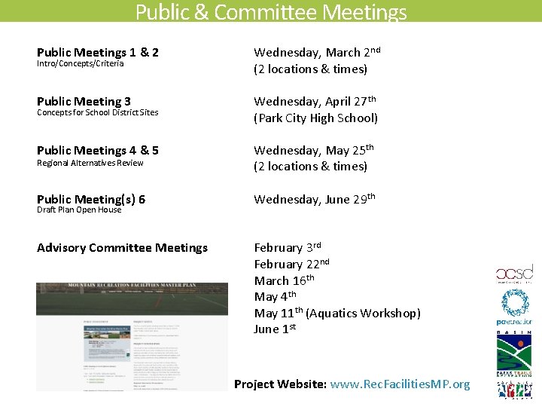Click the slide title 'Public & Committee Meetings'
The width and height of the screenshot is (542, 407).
[x=271, y=12]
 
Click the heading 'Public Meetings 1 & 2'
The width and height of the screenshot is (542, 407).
[x=98, y=53]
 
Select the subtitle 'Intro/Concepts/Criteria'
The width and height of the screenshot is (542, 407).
[x=80, y=64]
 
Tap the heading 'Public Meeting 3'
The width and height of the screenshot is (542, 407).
[x=84, y=102]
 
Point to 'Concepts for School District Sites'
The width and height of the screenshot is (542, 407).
[x=97, y=113]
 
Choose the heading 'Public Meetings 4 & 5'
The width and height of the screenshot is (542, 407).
[x=98, y=151]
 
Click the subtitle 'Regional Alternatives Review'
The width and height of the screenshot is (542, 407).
[x=90, y=163]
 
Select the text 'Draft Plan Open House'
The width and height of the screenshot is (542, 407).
[x=79, y=210]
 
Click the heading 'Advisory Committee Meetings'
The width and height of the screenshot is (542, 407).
[x=122, y=248]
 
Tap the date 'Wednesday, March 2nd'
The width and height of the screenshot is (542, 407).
[x=316, y=53]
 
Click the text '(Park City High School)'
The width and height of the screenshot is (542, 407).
[x=315, y=118]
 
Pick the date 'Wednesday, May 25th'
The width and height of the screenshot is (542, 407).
[x=313, y=151]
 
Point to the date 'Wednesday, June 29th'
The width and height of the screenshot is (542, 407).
[x=314, y=200]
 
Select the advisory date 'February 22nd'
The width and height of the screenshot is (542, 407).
[x=291, y=265]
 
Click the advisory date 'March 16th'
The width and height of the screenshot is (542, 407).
[x=284, y=280]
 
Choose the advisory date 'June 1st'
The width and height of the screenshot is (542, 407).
[x=275, y=329]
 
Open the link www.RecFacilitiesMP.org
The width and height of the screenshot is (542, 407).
[x=400, y=384]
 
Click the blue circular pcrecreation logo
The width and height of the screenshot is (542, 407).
[x=515, y=304]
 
